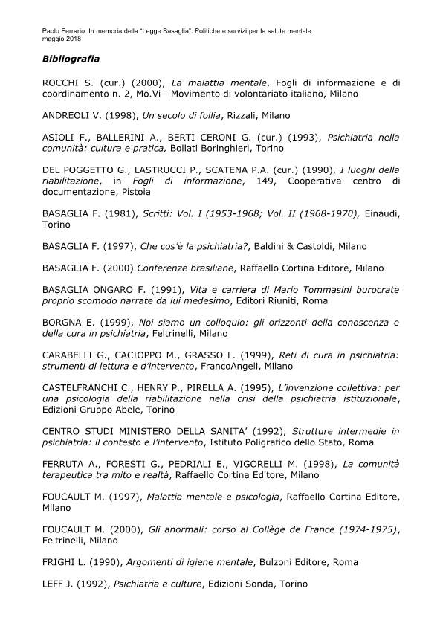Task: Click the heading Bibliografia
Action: pyautogui.click(x=71, y=57)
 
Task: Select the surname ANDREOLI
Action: pyautogui.click(x=71, y=116)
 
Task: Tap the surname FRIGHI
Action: pyautogui.click(x=62, y=562)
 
